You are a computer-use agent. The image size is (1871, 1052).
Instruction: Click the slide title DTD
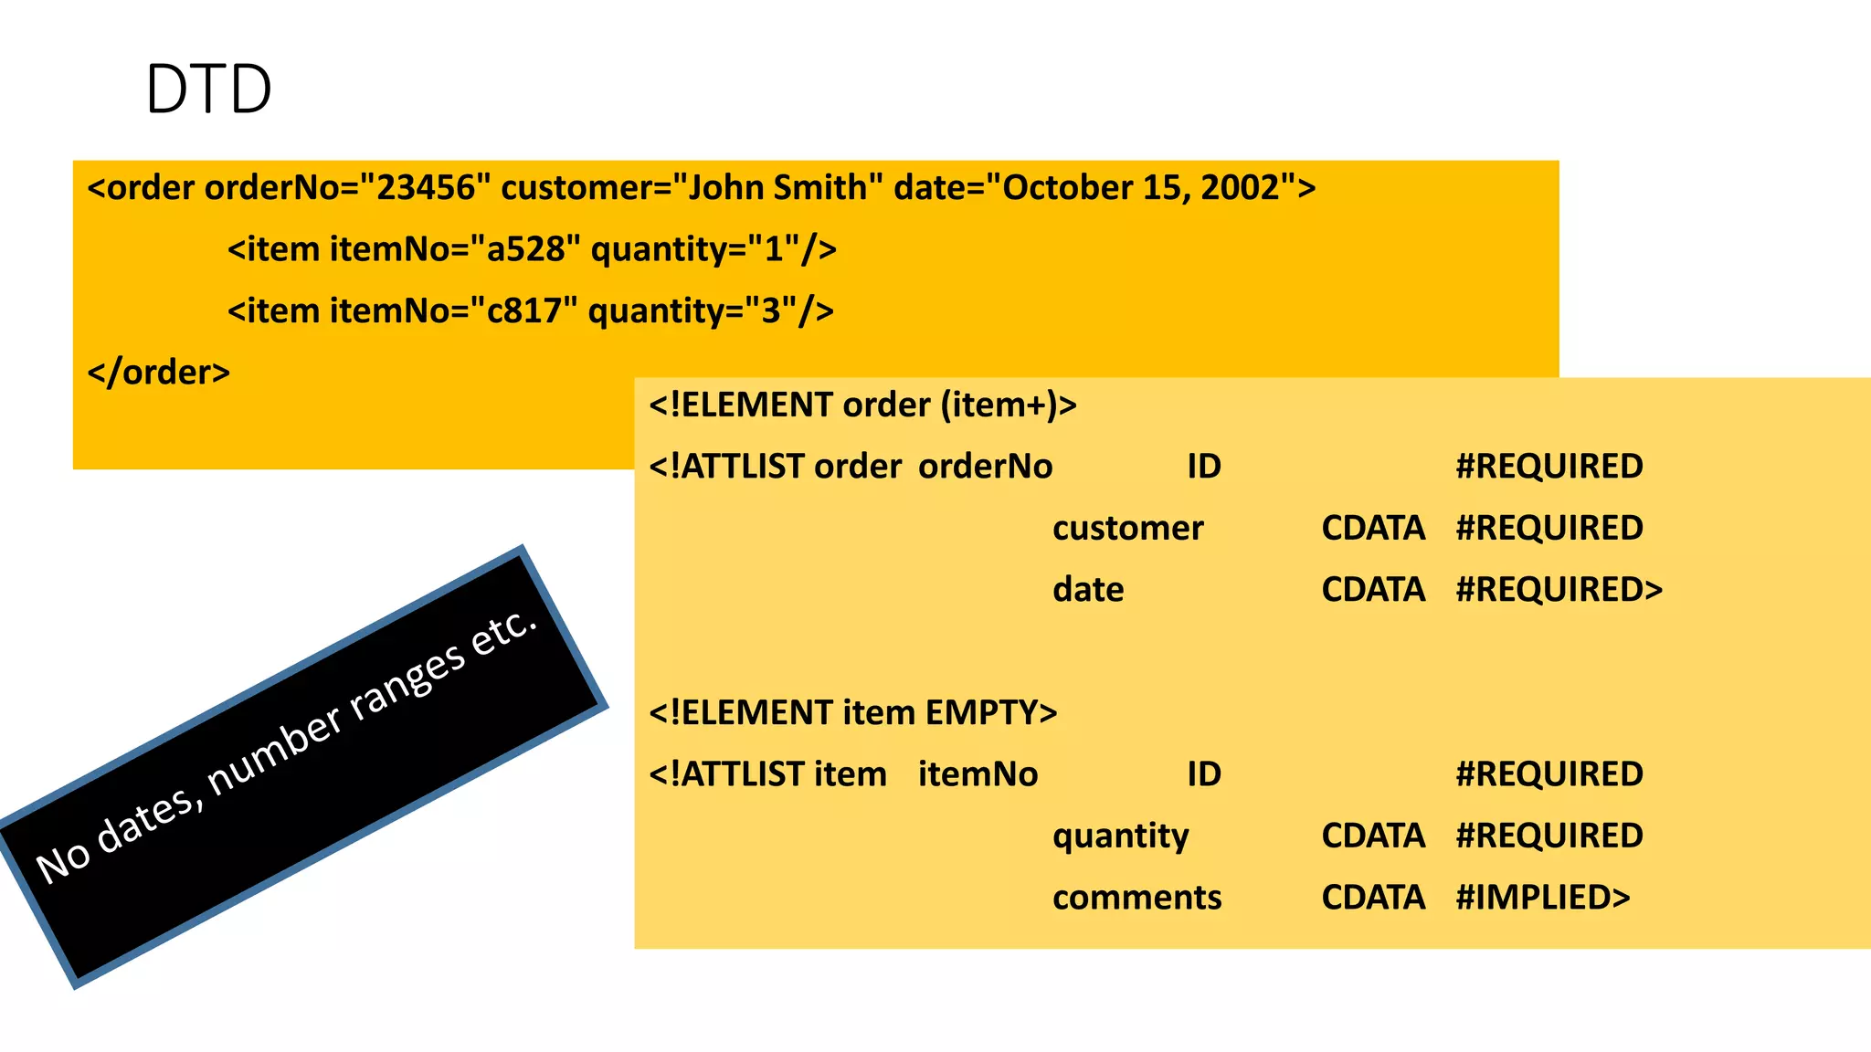208,89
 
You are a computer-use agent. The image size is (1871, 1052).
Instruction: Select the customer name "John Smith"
777,188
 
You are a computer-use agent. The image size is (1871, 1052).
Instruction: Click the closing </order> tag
159,373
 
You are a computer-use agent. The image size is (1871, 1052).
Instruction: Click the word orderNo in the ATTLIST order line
985,467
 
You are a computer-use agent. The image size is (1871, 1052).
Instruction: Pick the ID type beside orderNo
1203,467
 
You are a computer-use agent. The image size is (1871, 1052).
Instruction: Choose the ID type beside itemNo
1203,774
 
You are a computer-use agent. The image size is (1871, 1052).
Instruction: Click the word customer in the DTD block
1127,528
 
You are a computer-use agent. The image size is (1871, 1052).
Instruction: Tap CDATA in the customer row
1372,528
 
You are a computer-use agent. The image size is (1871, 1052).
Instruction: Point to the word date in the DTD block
1087,590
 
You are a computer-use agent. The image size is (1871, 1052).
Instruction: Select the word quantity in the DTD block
1120,836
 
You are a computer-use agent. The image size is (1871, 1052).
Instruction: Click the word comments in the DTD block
1136,898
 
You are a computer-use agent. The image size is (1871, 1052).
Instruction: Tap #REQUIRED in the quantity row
1549,836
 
